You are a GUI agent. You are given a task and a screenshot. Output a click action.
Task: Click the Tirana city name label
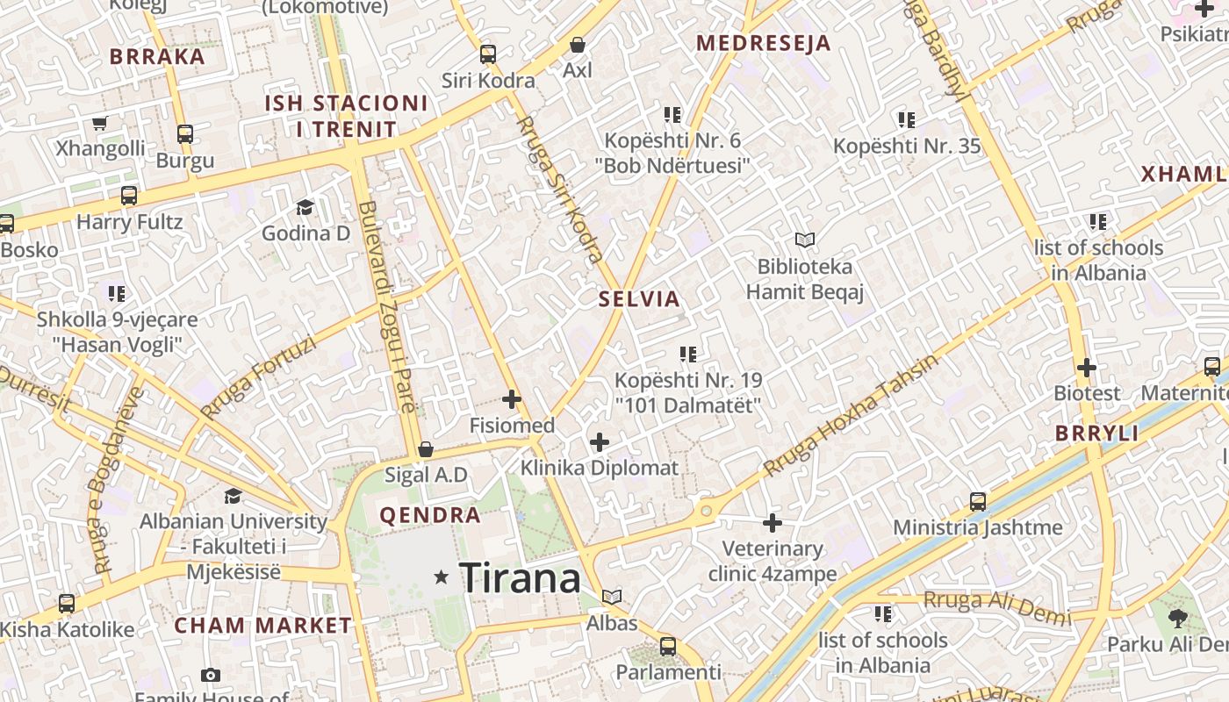[520, 577]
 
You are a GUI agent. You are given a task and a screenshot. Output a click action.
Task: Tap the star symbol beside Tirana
[442, 577]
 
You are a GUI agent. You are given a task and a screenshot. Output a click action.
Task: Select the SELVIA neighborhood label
[639, 299]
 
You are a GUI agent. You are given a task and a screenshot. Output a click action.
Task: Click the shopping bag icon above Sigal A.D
[426, 449]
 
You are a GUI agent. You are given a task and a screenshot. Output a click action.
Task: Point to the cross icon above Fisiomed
[512, 400]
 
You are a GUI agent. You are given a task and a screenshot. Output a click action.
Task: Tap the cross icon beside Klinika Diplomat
[600, 441]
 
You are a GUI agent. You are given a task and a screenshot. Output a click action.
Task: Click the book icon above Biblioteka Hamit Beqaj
[804, 239]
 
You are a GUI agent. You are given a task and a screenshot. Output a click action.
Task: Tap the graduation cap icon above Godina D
[305, 207]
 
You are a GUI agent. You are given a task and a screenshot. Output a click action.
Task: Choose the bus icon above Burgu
[185, 134]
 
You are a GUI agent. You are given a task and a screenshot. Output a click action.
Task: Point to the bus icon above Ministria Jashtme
[978, 502]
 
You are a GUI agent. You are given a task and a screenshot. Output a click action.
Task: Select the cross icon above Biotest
[1087, 367]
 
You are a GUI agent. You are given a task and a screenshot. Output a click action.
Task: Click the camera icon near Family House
[210, 675]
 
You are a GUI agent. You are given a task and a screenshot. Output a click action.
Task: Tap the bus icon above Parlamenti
[668, 647]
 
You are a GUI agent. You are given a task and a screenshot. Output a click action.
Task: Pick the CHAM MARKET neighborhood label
[262, 626]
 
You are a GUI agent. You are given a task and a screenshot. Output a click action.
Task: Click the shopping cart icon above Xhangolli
[99, 123]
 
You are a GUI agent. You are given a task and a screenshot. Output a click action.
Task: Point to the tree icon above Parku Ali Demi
[1177, 619]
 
